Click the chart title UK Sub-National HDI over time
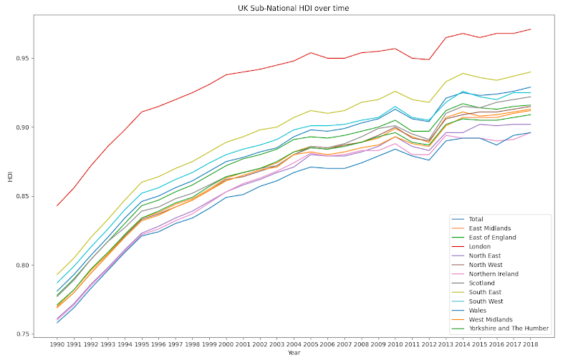coord(294,8)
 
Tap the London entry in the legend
coord(479,245)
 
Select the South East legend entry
coord(484,291)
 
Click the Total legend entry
coord(476,218)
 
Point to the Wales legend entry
coord(477,310)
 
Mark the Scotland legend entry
coord(482,282)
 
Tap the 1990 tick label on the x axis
coord(58,344)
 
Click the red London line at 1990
coord(58,205)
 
